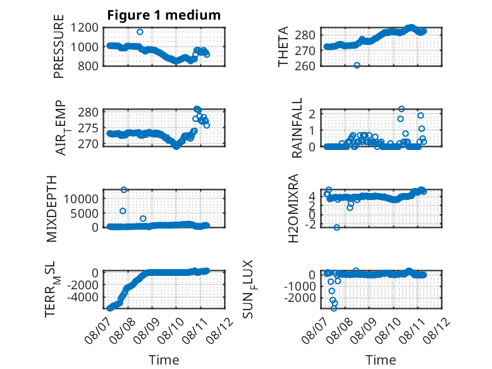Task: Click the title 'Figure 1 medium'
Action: pos(164,15)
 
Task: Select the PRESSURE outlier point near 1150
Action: pos(140,32)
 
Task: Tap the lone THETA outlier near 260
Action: pos(357,65)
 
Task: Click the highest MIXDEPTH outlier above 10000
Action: pos(124,190)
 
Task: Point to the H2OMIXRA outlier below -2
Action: pos(336,227)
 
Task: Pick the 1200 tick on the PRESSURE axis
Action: pos(84,28)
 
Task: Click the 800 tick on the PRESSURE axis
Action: pos(88,66)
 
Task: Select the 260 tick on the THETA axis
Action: pos(305,66)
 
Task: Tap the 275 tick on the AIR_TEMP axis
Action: pos(88,128)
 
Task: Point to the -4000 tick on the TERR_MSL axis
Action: pos(83,297)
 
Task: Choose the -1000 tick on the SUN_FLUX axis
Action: pos(300,286)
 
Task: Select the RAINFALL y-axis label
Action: pos(297,128)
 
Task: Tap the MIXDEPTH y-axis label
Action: pos(52,209)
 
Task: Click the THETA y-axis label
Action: pos(283,46)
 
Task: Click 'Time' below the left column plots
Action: pos(164,360)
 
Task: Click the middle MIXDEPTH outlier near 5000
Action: pos(123,211)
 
